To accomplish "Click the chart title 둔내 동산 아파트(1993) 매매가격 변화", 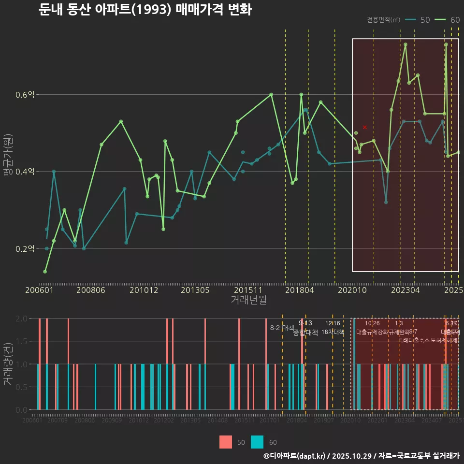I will click(145, 10).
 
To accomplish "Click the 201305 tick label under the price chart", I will click(195, 290).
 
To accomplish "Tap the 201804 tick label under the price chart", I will click(299, 290).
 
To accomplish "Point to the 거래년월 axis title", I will click(248, 300).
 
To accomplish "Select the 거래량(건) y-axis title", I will click(8, 364).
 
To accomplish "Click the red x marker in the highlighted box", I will click(365, 127).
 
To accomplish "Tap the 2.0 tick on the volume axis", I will click(21, 319).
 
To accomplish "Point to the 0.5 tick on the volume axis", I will click(21, 387).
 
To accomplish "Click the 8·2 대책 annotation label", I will click(282, 328).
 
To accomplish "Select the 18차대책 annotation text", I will click(333, 332).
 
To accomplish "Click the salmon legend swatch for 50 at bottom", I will click(226, 442).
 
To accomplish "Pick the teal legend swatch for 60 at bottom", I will click(258, 442).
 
